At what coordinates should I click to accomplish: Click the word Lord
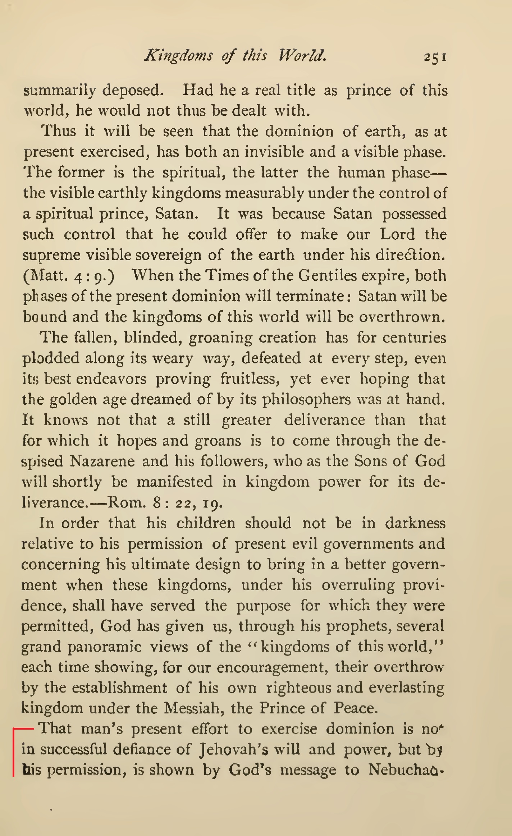point(397,234)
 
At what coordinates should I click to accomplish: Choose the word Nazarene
point(102,461)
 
